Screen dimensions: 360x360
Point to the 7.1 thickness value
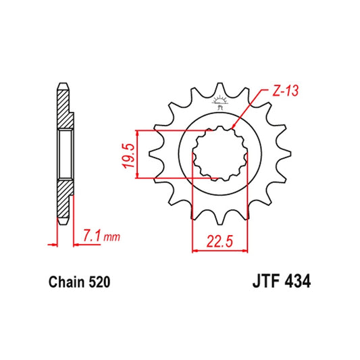[x=93, y=236]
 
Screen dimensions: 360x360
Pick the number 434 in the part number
[x=296, y=279]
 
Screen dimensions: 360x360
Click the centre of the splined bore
[x=218, y=154]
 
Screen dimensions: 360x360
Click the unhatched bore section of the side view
[x=64, y=155]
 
